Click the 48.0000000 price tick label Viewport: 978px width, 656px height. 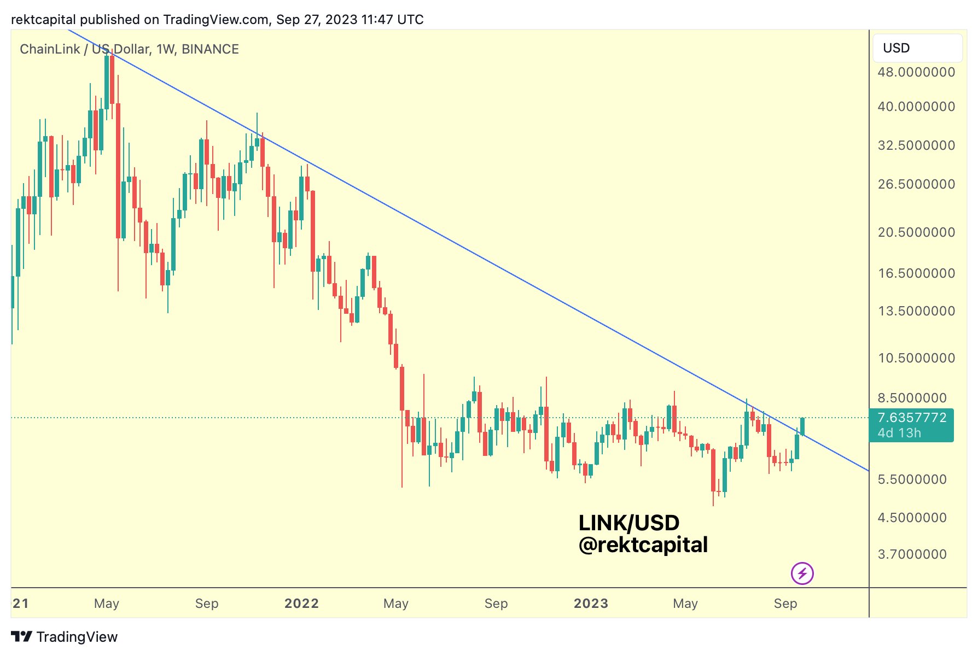click(916, 72)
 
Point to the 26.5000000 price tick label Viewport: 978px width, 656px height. click(916, 184)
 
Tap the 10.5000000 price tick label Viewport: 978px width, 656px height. click(916, 358)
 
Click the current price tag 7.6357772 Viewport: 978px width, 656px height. click(912, 418)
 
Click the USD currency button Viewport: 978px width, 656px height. click(917, 48)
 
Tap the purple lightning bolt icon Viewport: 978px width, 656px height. click(802, 573)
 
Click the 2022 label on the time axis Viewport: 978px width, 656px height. click(301, 604)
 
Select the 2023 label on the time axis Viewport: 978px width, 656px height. click(591, 604)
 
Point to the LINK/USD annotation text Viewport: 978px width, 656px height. click(628, 523)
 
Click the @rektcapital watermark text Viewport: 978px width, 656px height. click(643, 545)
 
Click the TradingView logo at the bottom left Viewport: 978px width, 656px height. click(64, 637)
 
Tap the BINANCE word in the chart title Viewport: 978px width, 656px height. click(210, 49)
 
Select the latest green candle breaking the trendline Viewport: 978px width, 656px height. click(802, 426)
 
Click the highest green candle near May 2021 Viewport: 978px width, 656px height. click(107, 82)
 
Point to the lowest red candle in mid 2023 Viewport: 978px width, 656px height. click(713, 470)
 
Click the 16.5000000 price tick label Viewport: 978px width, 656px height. click(916, 273)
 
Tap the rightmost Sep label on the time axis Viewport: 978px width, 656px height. click(785, 604)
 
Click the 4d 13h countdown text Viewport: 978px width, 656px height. click(899, 433)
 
